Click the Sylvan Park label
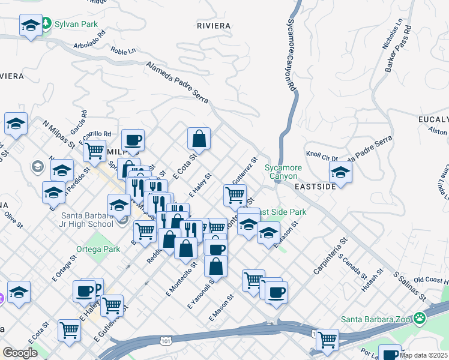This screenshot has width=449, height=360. pyautogui.click(x=76, y=25)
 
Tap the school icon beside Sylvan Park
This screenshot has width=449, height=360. pyautogui.click(x=30, y=26)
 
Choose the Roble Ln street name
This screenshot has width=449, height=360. pyautogui.click(x=123, y=52)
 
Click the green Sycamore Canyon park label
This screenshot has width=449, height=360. pyautogui.click(x=283, y=172)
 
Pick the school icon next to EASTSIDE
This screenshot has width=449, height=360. pyautogui.click(x=340, y=173)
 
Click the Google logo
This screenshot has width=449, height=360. pyautogui.click(x=20, y=352)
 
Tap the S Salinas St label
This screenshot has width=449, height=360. pyautogui.click(x=410, y=287)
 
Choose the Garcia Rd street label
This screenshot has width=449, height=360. pyautogui.click(x=78, y=122)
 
